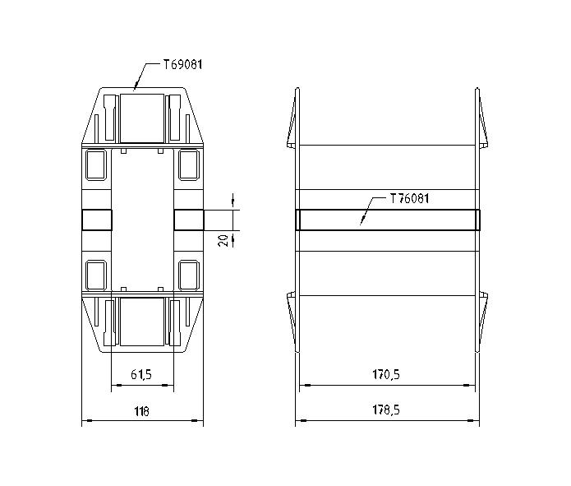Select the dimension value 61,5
(141, 375)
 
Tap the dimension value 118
(141, 411)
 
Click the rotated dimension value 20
(222, 239)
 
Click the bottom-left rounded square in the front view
(96, 275)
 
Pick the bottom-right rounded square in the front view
(188, 275)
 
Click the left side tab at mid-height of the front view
(97, 220)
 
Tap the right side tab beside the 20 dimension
(188, 220)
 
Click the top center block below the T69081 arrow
(142, 118)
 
